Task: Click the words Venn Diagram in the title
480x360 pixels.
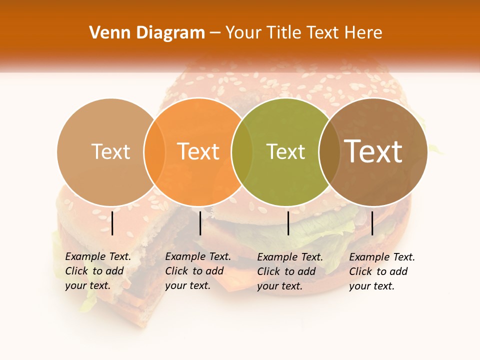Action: (147, 33)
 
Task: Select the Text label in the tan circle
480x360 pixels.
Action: (110, 151)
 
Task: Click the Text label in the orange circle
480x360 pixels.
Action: (198, 151)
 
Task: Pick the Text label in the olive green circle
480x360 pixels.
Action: (285, 151)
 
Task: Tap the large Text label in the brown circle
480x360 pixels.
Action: (373, 151)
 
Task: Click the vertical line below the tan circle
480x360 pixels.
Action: (112, 223)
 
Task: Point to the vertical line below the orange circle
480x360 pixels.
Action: (200, 223)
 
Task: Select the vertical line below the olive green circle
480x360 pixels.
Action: (288, 223)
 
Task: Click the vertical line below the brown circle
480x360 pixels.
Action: (372, 223)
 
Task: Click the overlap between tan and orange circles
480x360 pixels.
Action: (154, 151)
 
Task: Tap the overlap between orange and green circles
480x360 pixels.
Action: (242, 151)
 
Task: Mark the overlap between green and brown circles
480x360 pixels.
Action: (329, 151)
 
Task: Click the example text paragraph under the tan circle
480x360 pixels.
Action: (97, 271)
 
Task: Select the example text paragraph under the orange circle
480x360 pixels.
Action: (197, 271)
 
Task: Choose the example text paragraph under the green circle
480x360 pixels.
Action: (289, 271)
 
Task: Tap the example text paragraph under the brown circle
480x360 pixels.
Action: (381, 271)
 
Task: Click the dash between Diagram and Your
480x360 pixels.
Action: (215, 33)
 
